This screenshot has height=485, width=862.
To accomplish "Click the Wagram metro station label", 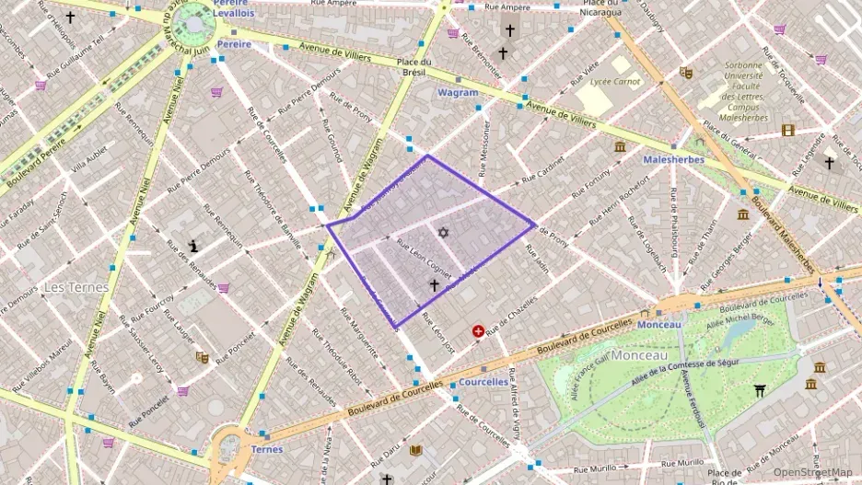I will (458, 93).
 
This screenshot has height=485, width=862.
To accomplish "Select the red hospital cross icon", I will (478, 331).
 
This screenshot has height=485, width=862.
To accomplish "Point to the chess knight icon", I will (193, 246).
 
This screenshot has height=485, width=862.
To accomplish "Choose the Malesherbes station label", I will (674, 159).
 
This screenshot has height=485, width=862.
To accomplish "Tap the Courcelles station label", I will (483, 381).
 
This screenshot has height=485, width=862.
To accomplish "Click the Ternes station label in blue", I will (267, 449).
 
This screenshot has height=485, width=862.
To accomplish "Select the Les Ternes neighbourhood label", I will (76, 287).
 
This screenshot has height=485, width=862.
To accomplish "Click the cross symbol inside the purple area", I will (434, 285).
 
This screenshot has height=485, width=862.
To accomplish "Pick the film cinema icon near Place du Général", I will (787, 130).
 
